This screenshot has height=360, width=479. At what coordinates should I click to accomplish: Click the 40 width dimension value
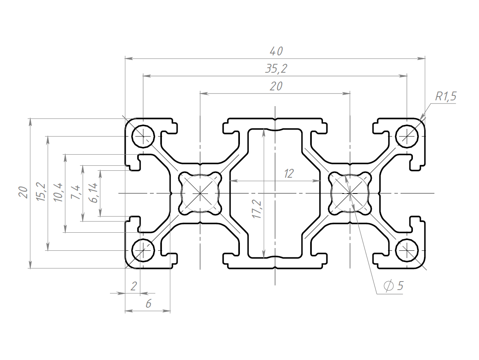[x=276, y=51]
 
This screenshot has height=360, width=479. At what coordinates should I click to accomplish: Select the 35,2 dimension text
[x=276, y=69]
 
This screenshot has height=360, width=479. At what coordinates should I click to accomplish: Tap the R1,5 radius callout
[x=446, y=96]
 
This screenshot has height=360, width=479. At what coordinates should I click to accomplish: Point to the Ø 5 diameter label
[x=393, y=285]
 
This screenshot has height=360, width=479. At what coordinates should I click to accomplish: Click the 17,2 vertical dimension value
[x=256, y=209]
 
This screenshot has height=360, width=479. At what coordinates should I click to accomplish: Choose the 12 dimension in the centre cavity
[x=289, y=174]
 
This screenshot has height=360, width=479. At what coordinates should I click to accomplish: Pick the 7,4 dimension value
[x=75, y=192]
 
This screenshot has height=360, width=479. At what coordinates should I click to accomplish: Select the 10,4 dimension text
[x=58, y=192]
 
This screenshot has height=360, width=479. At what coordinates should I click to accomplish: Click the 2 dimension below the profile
[x=134, y=286]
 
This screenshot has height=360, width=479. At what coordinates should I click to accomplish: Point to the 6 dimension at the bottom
[x=148, y=304]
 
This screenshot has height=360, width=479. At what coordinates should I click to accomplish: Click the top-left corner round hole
[x=143, y=137]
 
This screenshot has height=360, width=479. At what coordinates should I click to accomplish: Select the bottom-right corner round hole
[x=407, y=250]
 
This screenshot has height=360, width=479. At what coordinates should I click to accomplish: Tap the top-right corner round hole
[x=407, y=137]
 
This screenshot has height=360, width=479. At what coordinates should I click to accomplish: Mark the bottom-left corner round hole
[x=143, y=250]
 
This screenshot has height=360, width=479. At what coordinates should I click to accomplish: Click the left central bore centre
[x=200, y=193]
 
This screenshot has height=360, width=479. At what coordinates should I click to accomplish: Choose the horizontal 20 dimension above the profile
[x=276, y=86]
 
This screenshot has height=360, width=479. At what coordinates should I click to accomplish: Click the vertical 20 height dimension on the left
[x=23, y=192]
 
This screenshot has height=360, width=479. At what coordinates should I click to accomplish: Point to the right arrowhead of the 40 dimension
[x=421, y=58]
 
